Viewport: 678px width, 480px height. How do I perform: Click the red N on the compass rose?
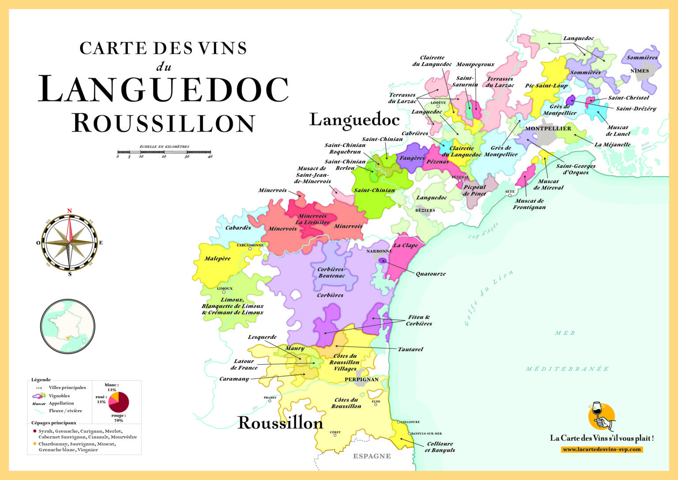click(69, 211)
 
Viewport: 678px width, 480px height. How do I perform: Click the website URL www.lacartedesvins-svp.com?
click(602, 449)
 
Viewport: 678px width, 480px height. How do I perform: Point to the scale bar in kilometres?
click(164, 152)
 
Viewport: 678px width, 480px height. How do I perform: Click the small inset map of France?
click(68, 326)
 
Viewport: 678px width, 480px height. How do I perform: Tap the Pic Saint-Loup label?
click(546, 86)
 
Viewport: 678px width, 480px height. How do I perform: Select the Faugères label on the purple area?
click(412, 158)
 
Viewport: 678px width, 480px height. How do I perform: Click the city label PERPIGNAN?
click(362, 379)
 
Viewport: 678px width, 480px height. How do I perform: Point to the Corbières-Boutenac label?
click(331, 272)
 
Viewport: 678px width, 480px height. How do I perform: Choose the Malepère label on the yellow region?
click(217, 258)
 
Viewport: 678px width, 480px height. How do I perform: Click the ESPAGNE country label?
click(372, 456)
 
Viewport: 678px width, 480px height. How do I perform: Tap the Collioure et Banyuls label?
click(440, 447)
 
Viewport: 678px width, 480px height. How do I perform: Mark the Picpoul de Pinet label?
click(475, 190)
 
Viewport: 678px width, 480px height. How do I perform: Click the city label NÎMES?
click(640, 71)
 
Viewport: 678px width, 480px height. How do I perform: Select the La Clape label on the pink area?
click(405, 246)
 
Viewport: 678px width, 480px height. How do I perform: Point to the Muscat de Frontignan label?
click(529, 204)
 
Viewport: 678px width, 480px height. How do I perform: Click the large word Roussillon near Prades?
click(280, 423)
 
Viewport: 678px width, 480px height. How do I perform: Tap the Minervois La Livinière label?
click(313, 219)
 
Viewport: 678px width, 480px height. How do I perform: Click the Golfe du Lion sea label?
click(489, 297)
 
